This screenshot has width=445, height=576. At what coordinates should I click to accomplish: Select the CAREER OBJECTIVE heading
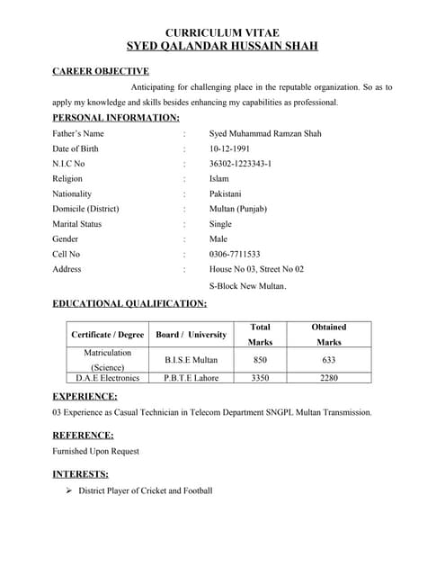pyautogui.click(x=101, y=71)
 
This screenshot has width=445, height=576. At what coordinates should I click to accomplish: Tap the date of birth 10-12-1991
pyautogui.click(x=229, y=148)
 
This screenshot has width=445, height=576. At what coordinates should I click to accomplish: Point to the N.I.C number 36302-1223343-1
pyautogui.click(x=240, y=164)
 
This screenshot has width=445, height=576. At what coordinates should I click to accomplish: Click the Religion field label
pyautogui.click(x=67, y=179)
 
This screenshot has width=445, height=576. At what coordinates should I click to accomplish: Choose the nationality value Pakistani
pyautogui.click(x=231, y=193)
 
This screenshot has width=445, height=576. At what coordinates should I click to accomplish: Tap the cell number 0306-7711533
pyautogui.click(x=235, y=254)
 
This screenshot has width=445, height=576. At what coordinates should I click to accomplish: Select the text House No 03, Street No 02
pyautogui.click(x=256, y=269)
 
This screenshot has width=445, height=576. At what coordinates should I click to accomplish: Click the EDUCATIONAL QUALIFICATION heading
pyautogui.click(x=129, y=304)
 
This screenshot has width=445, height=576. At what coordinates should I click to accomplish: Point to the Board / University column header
pyautogui.click(x=191, y=335)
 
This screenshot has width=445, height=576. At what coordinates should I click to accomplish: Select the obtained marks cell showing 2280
pyautogui.click(x=328, y=378)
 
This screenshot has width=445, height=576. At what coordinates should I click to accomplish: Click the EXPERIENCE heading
pyautogui.click(x=85, y=396)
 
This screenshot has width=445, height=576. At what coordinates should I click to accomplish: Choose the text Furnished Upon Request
pyautogui.click(x=96, y=451)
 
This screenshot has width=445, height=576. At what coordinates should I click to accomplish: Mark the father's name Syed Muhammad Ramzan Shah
pyautogui.click(x=265, y=134)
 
